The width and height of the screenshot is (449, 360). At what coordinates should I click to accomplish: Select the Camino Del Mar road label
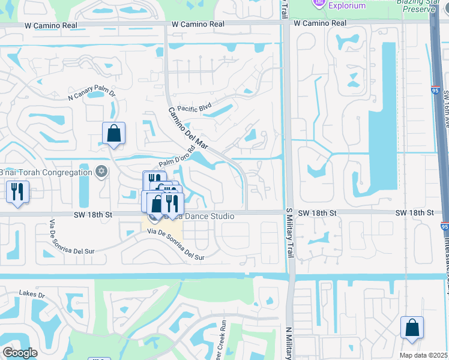point(187,127)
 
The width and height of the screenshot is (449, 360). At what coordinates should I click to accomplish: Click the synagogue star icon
point(101,172)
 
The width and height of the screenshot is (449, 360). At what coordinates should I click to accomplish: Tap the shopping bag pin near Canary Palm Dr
point(113,134)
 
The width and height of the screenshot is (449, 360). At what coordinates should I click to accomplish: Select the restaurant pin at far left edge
point(17,192)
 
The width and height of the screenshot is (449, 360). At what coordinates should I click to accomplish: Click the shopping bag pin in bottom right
point(412,328)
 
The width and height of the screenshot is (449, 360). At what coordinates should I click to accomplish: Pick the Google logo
point(19,353)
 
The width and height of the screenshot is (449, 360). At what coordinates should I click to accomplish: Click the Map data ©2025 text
point(423,355)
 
